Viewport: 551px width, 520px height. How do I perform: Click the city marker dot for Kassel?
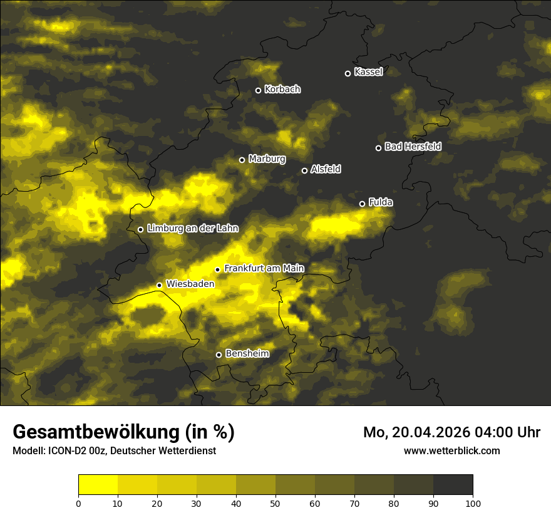click(348, 73)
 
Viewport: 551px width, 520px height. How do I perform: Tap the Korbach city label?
click(282, 90)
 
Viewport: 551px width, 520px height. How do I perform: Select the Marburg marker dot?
click(242, 160)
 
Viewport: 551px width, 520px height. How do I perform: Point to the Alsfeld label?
click(326, 169)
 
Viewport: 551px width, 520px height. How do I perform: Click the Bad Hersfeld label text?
click(413, 147)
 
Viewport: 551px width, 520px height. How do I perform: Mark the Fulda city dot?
click(362, 204)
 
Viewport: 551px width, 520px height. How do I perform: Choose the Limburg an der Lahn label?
click(193, 229)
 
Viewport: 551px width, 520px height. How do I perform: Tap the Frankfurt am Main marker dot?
click(218, 269)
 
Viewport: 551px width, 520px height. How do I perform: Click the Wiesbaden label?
click(190, 284)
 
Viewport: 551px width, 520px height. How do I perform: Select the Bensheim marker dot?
click(219, 355)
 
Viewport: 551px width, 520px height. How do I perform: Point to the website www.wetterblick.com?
click(452, 450)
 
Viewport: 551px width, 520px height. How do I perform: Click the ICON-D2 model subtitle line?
click(114, 450)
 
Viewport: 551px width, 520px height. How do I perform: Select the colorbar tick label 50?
click(275, 503)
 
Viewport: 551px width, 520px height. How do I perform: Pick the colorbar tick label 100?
click(473, 503)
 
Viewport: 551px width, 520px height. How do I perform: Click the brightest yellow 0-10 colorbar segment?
click(98, 485)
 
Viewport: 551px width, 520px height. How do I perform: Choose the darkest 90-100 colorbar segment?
click(453, 485)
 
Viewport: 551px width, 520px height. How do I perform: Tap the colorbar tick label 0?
click(78, 503)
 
